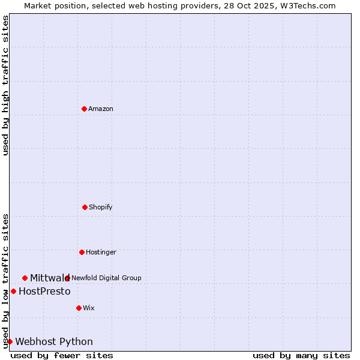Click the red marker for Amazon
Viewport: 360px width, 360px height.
(x=84, y=109)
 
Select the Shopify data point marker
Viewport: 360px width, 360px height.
(x=85, y=207)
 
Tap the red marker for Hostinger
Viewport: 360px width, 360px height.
(x=82, y=252)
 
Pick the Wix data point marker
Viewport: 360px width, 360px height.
(x=79, y=308)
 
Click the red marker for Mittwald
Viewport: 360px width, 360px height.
(x=25, y=278)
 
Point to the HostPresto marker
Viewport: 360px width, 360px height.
(x=13, y=291)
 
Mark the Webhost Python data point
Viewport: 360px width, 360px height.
(x=10, y=341)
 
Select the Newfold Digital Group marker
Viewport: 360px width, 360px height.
(x=67, y=278)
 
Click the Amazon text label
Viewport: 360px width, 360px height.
(x=101, y=109)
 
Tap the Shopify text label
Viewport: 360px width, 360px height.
(x=101, y=207)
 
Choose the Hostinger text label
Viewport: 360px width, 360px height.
(x=101, y=252)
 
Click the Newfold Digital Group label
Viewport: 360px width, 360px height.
(x=106, y=278)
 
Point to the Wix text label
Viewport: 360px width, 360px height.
(x=89, y=308)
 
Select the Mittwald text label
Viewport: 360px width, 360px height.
(x=49, y=278)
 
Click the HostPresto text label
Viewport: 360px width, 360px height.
(x=44, y=291)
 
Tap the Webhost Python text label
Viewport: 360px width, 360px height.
(x=54, y=341)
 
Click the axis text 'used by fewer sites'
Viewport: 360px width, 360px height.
(x=62, y=355)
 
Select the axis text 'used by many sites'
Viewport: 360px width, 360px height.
(x=301, y=355)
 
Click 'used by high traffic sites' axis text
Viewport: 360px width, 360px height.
(x=5, y=85)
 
